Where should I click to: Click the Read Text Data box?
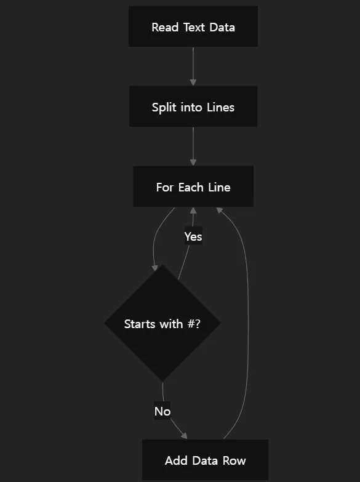193,26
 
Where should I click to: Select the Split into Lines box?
193,106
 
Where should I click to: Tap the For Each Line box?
193,187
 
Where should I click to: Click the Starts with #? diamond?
162,323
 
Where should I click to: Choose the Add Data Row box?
205,460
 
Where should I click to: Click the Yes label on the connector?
193,236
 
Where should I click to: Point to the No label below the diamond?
162,411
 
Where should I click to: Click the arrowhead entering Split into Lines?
193,82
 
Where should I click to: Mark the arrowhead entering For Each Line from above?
193,163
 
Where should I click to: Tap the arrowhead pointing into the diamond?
154,268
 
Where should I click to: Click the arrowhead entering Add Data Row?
184,436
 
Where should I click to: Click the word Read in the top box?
165,27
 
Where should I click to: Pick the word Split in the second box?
164,108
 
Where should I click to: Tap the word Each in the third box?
191,187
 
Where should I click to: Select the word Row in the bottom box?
234,460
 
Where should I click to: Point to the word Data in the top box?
222,27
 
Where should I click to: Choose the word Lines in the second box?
220,107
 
